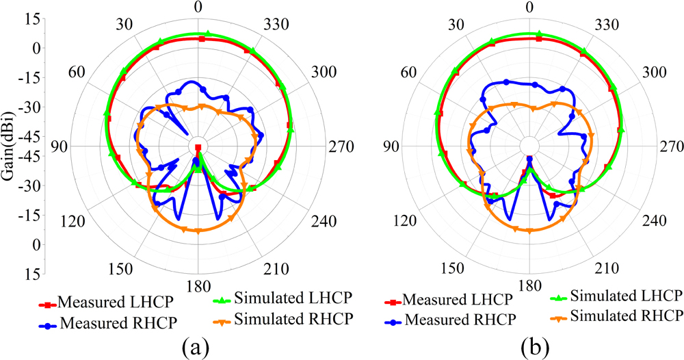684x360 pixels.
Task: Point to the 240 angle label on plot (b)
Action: tap(654, 221)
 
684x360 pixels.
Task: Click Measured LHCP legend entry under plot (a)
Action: tap(98, 301)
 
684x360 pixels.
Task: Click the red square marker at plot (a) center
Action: tap(198, 148)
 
